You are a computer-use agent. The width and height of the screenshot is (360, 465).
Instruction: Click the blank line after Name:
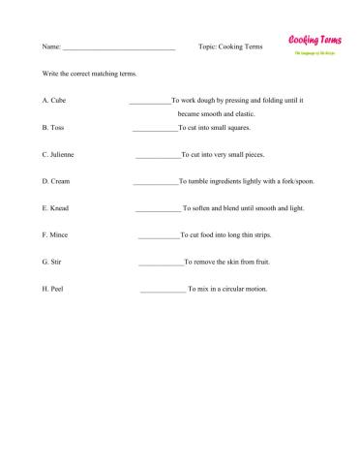coord(119,46)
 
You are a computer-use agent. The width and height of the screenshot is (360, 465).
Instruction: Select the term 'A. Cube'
coord(54,100)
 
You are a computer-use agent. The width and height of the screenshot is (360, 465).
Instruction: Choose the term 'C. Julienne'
coord(59,154)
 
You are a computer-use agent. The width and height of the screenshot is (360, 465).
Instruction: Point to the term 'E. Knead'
coord(56,208)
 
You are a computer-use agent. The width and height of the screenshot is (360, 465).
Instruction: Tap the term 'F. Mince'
coord(55,235)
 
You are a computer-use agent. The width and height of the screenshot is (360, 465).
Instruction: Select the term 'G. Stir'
coord(52,263)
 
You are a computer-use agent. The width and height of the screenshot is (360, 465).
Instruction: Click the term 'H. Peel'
coord(52,290)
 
